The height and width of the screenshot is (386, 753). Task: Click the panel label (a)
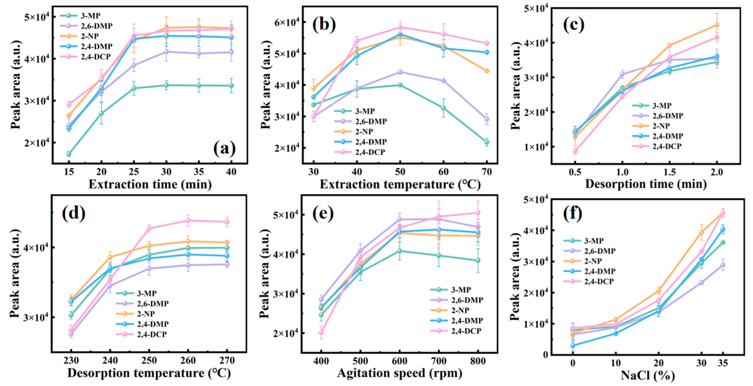pyautogui.click(x=224, y=149)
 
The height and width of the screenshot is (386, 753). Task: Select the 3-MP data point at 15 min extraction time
pyautogui.click(x=69, y=154)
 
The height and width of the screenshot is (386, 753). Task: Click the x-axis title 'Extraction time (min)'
pyautogui.click(x=150, y=184)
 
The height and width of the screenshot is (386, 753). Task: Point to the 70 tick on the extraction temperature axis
pyautogui.click(x=487, y=172)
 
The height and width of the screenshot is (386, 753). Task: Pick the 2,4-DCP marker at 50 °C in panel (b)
pyautogui.click(x=400, y=27)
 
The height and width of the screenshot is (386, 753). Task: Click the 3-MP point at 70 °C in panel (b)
pyautogui.click(x=487, y=142)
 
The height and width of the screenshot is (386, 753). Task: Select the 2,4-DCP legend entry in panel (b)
pyautogui.click(x=370, y=152)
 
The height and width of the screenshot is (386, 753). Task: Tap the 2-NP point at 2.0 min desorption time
pyautogui.click(x=717, y=25)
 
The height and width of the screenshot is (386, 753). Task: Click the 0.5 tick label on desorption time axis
pyautogui.click(x=575, y=172)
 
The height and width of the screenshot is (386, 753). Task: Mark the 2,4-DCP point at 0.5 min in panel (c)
pyautogui.click(x=575, y=151)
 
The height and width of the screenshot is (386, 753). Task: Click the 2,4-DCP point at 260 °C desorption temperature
pyautogui.click(x=188, y=221)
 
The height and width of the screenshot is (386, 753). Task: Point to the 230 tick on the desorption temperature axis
pyautogui.click(x=71, y=361)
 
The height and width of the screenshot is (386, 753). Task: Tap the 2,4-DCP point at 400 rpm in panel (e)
pyautogui.click(x=321, y=332)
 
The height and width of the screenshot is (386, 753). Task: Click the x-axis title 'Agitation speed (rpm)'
pyautogui.click(x=400, y=373)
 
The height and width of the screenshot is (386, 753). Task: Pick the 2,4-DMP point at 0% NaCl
pyautogui.click(x=573, y=345)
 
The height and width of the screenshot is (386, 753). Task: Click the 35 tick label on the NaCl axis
pyautogui.click(x=723, y=363)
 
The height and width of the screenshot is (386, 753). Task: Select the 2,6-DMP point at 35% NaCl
pyautogui.click(x=723, y=265)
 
